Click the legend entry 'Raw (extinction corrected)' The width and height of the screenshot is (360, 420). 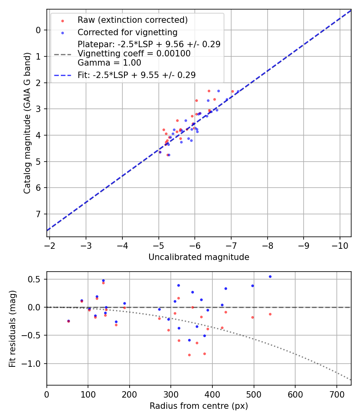click(x=132, y=20)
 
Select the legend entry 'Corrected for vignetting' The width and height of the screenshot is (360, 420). click(x=127, y=32)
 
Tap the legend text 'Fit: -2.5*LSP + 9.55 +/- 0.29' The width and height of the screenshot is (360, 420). click(x=136, y=75)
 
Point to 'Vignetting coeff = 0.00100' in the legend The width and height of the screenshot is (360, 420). click(x=134, y=54)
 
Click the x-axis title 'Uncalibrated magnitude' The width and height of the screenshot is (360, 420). click(x=199, y=257)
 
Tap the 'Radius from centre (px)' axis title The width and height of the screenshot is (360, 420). click(x=199, y=406)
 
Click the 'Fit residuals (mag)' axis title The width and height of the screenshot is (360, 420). click(x=12, y=328)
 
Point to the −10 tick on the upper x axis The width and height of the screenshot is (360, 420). click(x=340, y=245)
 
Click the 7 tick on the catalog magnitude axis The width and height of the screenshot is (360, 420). click(x=38, y=214)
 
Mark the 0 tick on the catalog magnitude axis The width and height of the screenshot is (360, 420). click(x=38, y=30)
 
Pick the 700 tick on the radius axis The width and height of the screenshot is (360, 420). click(x=336, y=393)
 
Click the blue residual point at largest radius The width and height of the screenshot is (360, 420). click(x=270, y=276)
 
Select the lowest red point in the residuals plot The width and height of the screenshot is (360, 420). click(x=189, y=355)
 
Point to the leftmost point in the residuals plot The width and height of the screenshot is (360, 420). click(x=68, y=321)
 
